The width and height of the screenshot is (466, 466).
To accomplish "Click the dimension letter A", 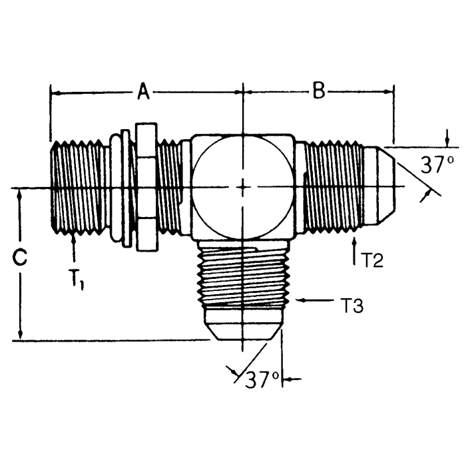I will coord(143,92).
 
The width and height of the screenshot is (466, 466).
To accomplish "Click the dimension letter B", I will coord(319,92).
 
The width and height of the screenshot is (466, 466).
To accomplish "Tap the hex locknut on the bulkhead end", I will coord(145,187).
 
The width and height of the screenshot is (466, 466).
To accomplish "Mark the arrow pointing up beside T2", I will coord(355,248).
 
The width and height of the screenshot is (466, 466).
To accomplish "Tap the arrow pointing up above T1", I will coord(73,248).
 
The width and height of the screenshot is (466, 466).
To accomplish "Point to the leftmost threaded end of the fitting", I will coord(73,187).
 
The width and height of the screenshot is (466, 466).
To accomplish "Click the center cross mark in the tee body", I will coord(244,187).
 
